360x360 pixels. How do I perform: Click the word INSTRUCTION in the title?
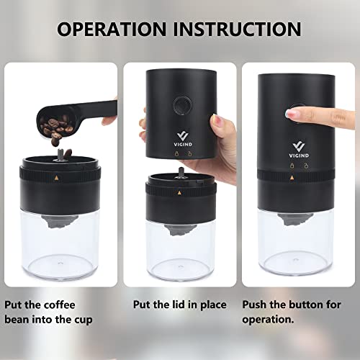click(238, 29)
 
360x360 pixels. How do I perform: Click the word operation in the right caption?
click(268, 320)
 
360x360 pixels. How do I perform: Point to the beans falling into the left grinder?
click(63, 155)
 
